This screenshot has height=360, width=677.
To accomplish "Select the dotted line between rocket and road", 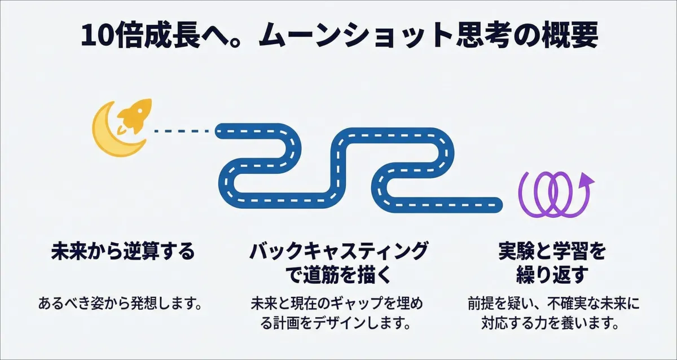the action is coord(182,131).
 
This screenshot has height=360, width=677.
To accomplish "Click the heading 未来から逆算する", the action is coord(123,252).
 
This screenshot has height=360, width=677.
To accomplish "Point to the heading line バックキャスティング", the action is coord(338,252).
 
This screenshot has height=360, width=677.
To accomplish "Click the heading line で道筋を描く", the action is coord(338,275).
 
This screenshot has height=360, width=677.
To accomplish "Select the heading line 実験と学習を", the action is coord(552,252).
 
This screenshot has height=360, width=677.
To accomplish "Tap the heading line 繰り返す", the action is coord(552,275).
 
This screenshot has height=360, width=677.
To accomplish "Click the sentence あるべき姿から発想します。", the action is coord(120,304).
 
